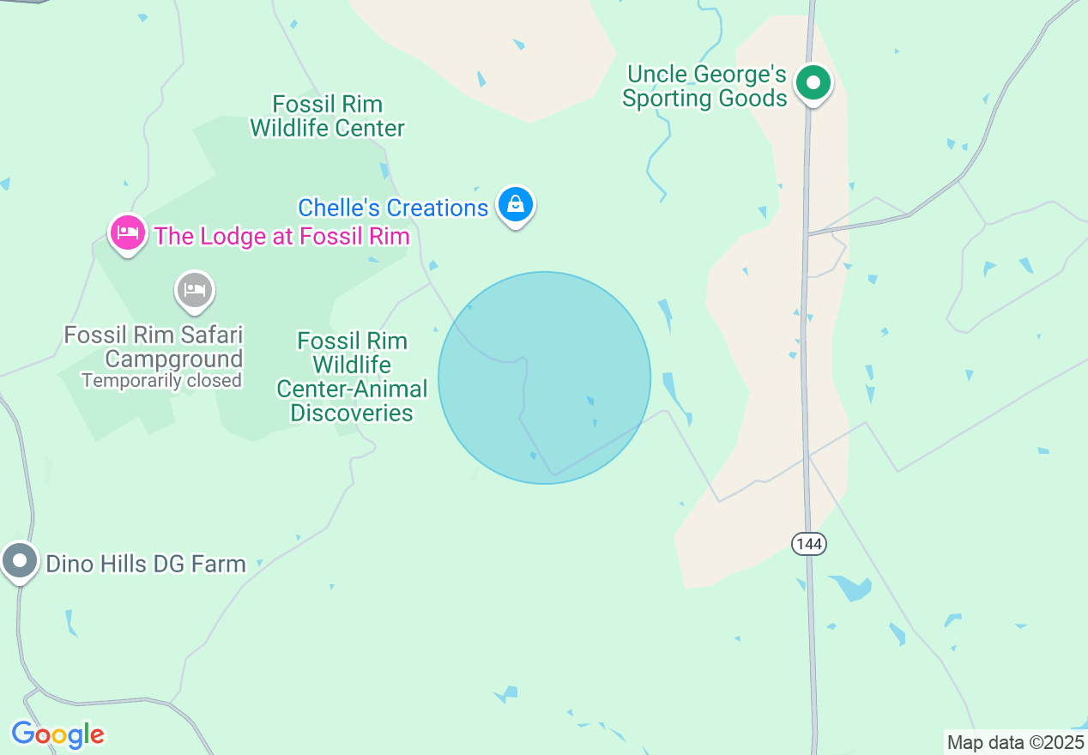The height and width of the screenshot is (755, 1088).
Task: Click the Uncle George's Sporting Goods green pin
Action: pos(813,84)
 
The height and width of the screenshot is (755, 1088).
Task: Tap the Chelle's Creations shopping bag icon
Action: pos(516,205)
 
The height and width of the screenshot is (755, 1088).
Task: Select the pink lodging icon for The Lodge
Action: pos(128,233)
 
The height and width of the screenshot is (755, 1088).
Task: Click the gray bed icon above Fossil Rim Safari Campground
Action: pos(195,290)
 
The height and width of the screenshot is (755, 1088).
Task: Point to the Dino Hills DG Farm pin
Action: pos(20,562)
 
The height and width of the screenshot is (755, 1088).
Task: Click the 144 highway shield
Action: pos(808,543)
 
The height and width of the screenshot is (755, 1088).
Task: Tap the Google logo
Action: pos(57,734)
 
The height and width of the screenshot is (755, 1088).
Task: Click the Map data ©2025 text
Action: pos(1013,742)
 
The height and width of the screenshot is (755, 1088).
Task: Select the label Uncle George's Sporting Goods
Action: pos(705,87)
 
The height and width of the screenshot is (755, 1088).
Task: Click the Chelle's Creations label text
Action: pos(393,208)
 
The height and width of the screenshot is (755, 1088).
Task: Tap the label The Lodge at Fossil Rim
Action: pos(281,236)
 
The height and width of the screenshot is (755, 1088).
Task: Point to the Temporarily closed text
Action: pos(161,380)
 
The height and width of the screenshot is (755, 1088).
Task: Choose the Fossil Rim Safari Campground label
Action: pos(154,347)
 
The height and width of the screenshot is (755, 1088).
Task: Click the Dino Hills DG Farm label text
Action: pos(145,564)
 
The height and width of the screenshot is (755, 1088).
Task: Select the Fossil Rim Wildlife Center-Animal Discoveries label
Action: pos(352,377)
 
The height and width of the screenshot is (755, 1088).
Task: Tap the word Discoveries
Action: pos(352,413)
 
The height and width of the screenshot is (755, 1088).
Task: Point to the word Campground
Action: pos(174,359)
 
